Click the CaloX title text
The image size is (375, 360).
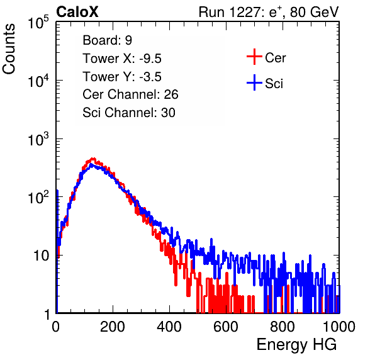[77, 12]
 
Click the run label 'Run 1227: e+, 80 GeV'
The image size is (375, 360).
[269, 12]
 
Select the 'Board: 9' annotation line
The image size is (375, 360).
[107, 40]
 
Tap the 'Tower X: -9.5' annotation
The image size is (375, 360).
[122, 59]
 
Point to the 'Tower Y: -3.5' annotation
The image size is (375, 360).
[122, 77]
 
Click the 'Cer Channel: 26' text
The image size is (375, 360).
[130, 94]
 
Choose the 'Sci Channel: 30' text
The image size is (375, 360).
[129, 113]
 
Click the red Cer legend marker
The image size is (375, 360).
[254, 57]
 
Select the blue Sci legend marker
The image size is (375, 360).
[254, 83]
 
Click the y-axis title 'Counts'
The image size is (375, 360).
[9, 49]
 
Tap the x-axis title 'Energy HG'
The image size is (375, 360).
[296, 345]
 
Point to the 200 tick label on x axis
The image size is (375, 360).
[113, 327]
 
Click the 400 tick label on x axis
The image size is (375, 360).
[169, 327]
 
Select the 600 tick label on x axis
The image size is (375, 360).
[226, 327]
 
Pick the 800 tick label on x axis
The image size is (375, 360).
[283, 327]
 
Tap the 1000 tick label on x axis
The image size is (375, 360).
[339, 327]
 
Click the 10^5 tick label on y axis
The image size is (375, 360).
[38, 22]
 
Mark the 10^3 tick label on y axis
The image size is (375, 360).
[38, 139]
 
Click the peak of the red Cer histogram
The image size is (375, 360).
[94, 159]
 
